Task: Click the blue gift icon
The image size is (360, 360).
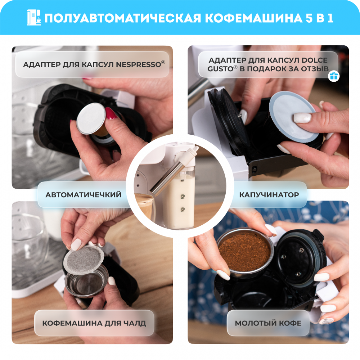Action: [x=334, y=76]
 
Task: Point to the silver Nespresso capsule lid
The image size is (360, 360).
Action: [x=91, y=118]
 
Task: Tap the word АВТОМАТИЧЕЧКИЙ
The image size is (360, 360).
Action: [x=84, y=195]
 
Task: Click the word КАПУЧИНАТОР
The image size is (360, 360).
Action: [x=269, y=195]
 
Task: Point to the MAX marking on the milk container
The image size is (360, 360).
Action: [x=183, y=180]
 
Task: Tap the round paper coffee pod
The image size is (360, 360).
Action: [x=84, y=260]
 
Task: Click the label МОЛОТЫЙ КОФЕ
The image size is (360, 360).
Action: [x=268, y=323]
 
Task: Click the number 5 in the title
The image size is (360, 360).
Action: [x=310, y=18]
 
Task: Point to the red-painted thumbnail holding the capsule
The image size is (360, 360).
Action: [x=111, y=113]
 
